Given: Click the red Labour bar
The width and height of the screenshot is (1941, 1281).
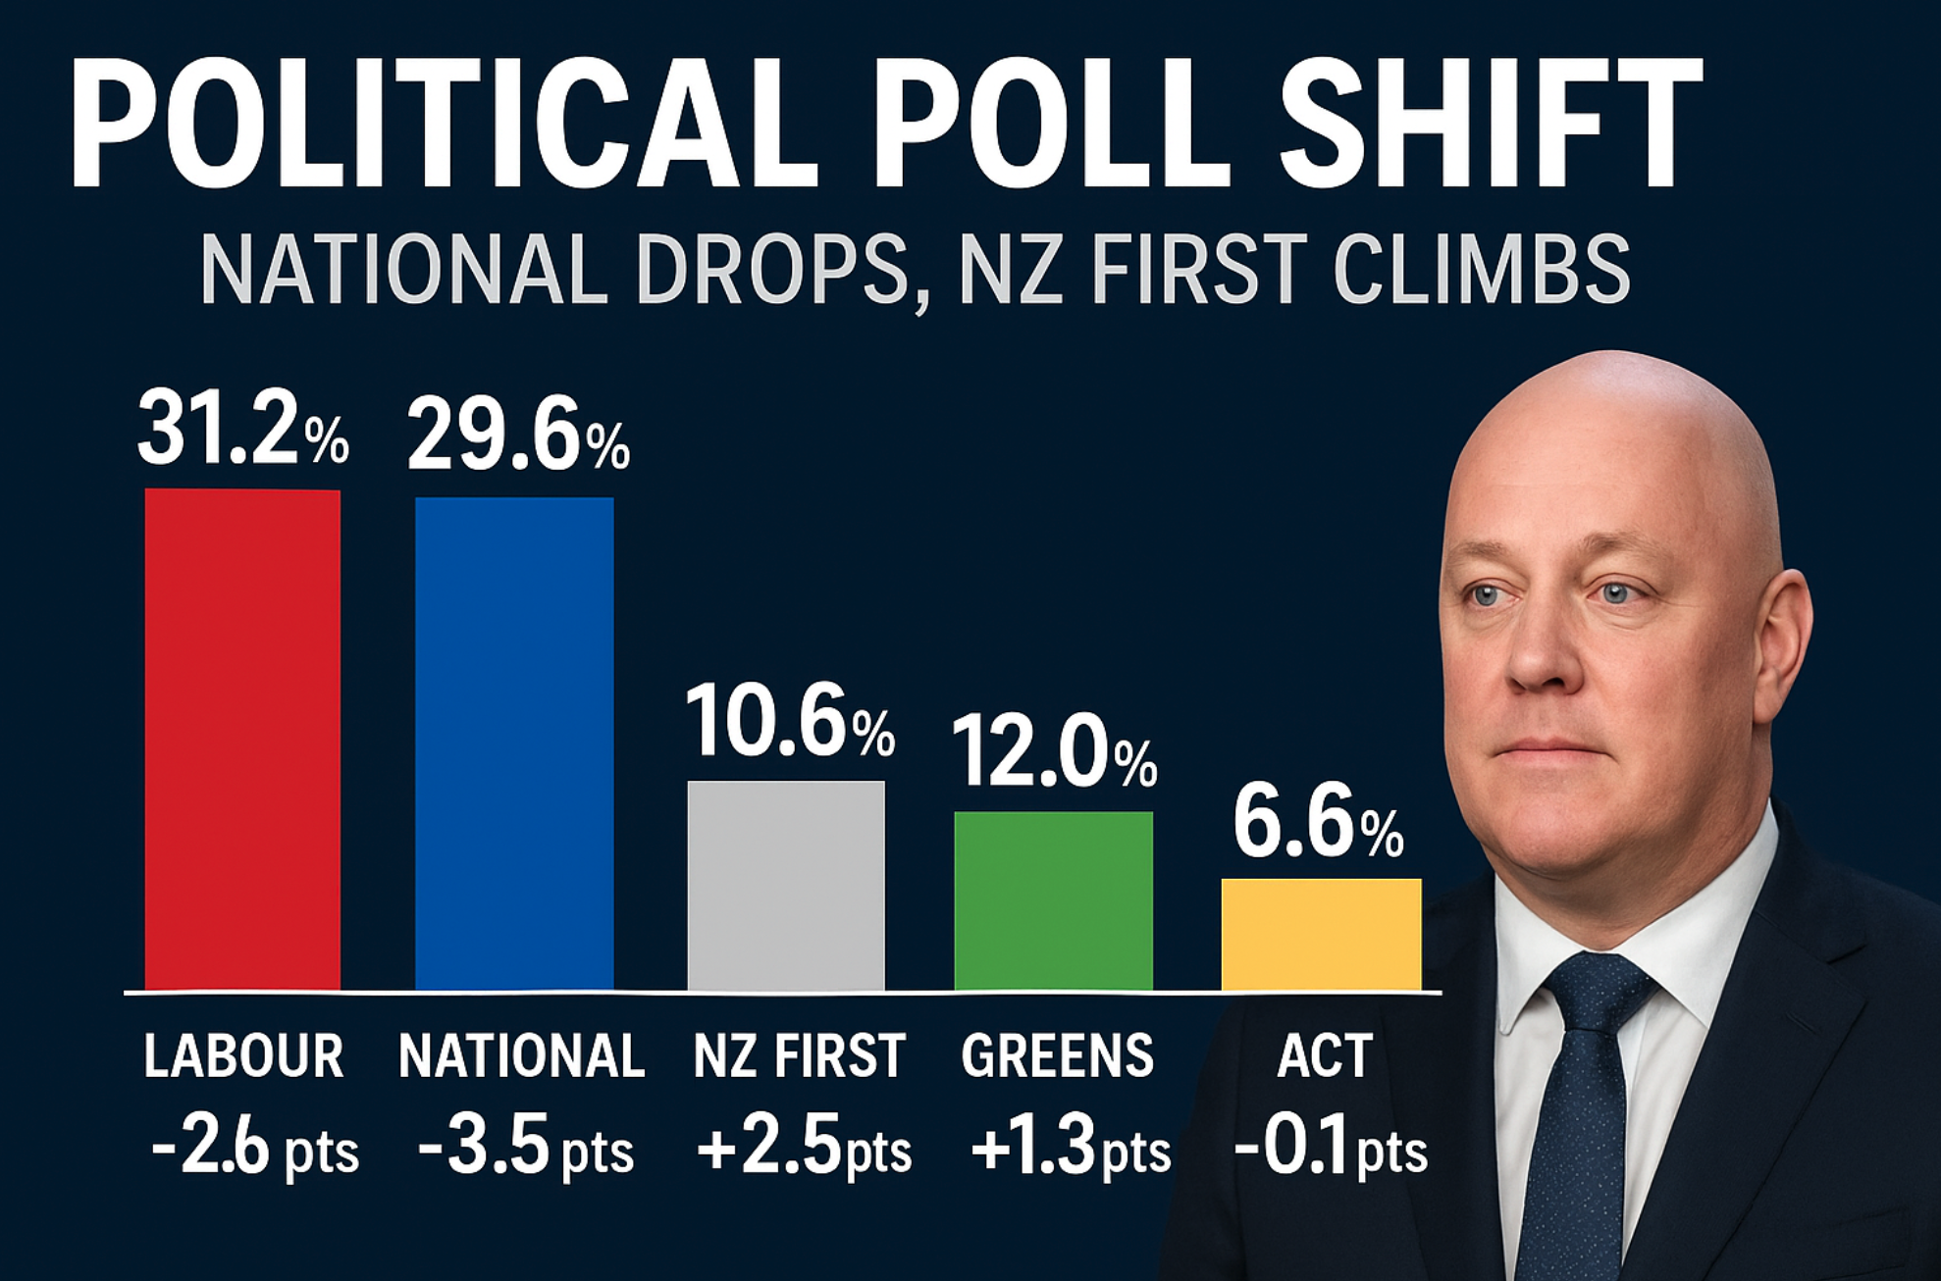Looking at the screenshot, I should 242,740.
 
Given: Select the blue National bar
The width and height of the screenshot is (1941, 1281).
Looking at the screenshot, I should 514,743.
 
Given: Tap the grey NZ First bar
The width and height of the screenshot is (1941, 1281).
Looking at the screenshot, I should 785,885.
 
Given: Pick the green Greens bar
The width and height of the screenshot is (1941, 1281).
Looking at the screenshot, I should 1053,900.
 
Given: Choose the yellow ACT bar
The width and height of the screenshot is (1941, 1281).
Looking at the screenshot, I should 1321,934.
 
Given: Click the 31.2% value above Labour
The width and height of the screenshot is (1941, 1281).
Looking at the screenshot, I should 242,429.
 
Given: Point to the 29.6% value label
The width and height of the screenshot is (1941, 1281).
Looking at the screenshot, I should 517,436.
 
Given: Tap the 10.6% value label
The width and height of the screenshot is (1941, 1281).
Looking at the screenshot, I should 789,722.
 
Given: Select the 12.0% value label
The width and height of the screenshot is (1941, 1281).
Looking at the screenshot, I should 1053,752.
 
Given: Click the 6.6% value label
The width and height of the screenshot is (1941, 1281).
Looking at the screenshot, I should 1317,822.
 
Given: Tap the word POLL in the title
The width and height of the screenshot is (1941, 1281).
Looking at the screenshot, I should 1050,123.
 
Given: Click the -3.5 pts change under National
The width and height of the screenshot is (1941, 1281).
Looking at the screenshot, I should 525,1149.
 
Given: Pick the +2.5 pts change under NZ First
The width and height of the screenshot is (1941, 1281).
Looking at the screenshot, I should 804,1149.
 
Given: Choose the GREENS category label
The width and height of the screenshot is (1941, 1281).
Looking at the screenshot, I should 1057,1056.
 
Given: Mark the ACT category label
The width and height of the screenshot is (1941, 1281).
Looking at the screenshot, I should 1324,1056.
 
